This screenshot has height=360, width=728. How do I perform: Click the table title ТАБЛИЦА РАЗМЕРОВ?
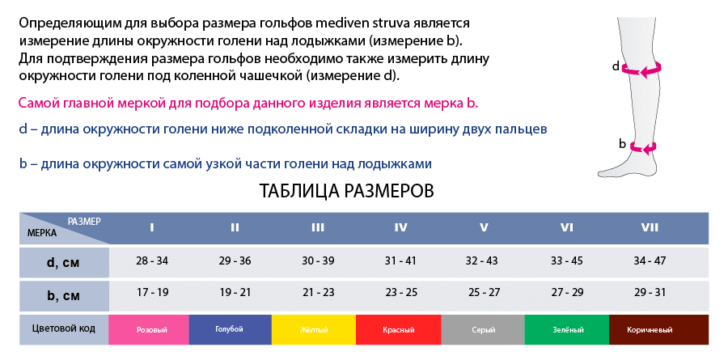pyautogui.click(x=346, y=191)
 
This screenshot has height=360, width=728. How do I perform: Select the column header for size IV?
pyautogui.click(x=400, y=227)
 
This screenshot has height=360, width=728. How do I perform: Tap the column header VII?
pyautogui.click(x=650, y=227)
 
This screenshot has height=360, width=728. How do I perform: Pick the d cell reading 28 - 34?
pyautogui.click(x=152, y=260)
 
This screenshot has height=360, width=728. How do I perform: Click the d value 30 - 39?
pyautogui.click(x=318, y=260)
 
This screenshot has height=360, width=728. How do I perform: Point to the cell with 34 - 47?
pyautogui.click(x=650, y=260)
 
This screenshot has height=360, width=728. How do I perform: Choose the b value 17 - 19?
pyautogui.click(x=152, y=293)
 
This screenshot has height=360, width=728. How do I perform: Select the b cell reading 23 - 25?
pyautogui.click(x=401, y=293)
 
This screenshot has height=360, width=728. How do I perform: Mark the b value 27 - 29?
pyautogui.click(x=567, y=293)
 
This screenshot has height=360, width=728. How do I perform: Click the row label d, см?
pyautogui.click(x=64, y=263)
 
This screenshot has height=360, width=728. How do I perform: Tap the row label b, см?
pyautogui.click(x=64, y=295)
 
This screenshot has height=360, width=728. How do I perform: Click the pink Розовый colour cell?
pyautogui.click(x=149, y=330)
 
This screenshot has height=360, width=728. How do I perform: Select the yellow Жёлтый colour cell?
pyautogui.click(x=314, y=330)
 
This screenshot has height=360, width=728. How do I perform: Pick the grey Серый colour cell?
pyautogui.click(x=483, y=330)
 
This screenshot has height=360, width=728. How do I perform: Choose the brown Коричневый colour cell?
pyautogui.click(x=658, y=330)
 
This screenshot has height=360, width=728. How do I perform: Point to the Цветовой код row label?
pyautogui.click(x=64, y=329)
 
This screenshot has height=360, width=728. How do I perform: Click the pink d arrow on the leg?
pyautogui.click(x=642, y=70)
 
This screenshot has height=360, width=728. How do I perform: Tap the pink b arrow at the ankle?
pyautogui.click(x=643, y=146)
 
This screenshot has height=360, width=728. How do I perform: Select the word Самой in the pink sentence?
pyautogui.click(x=36, y=103)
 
